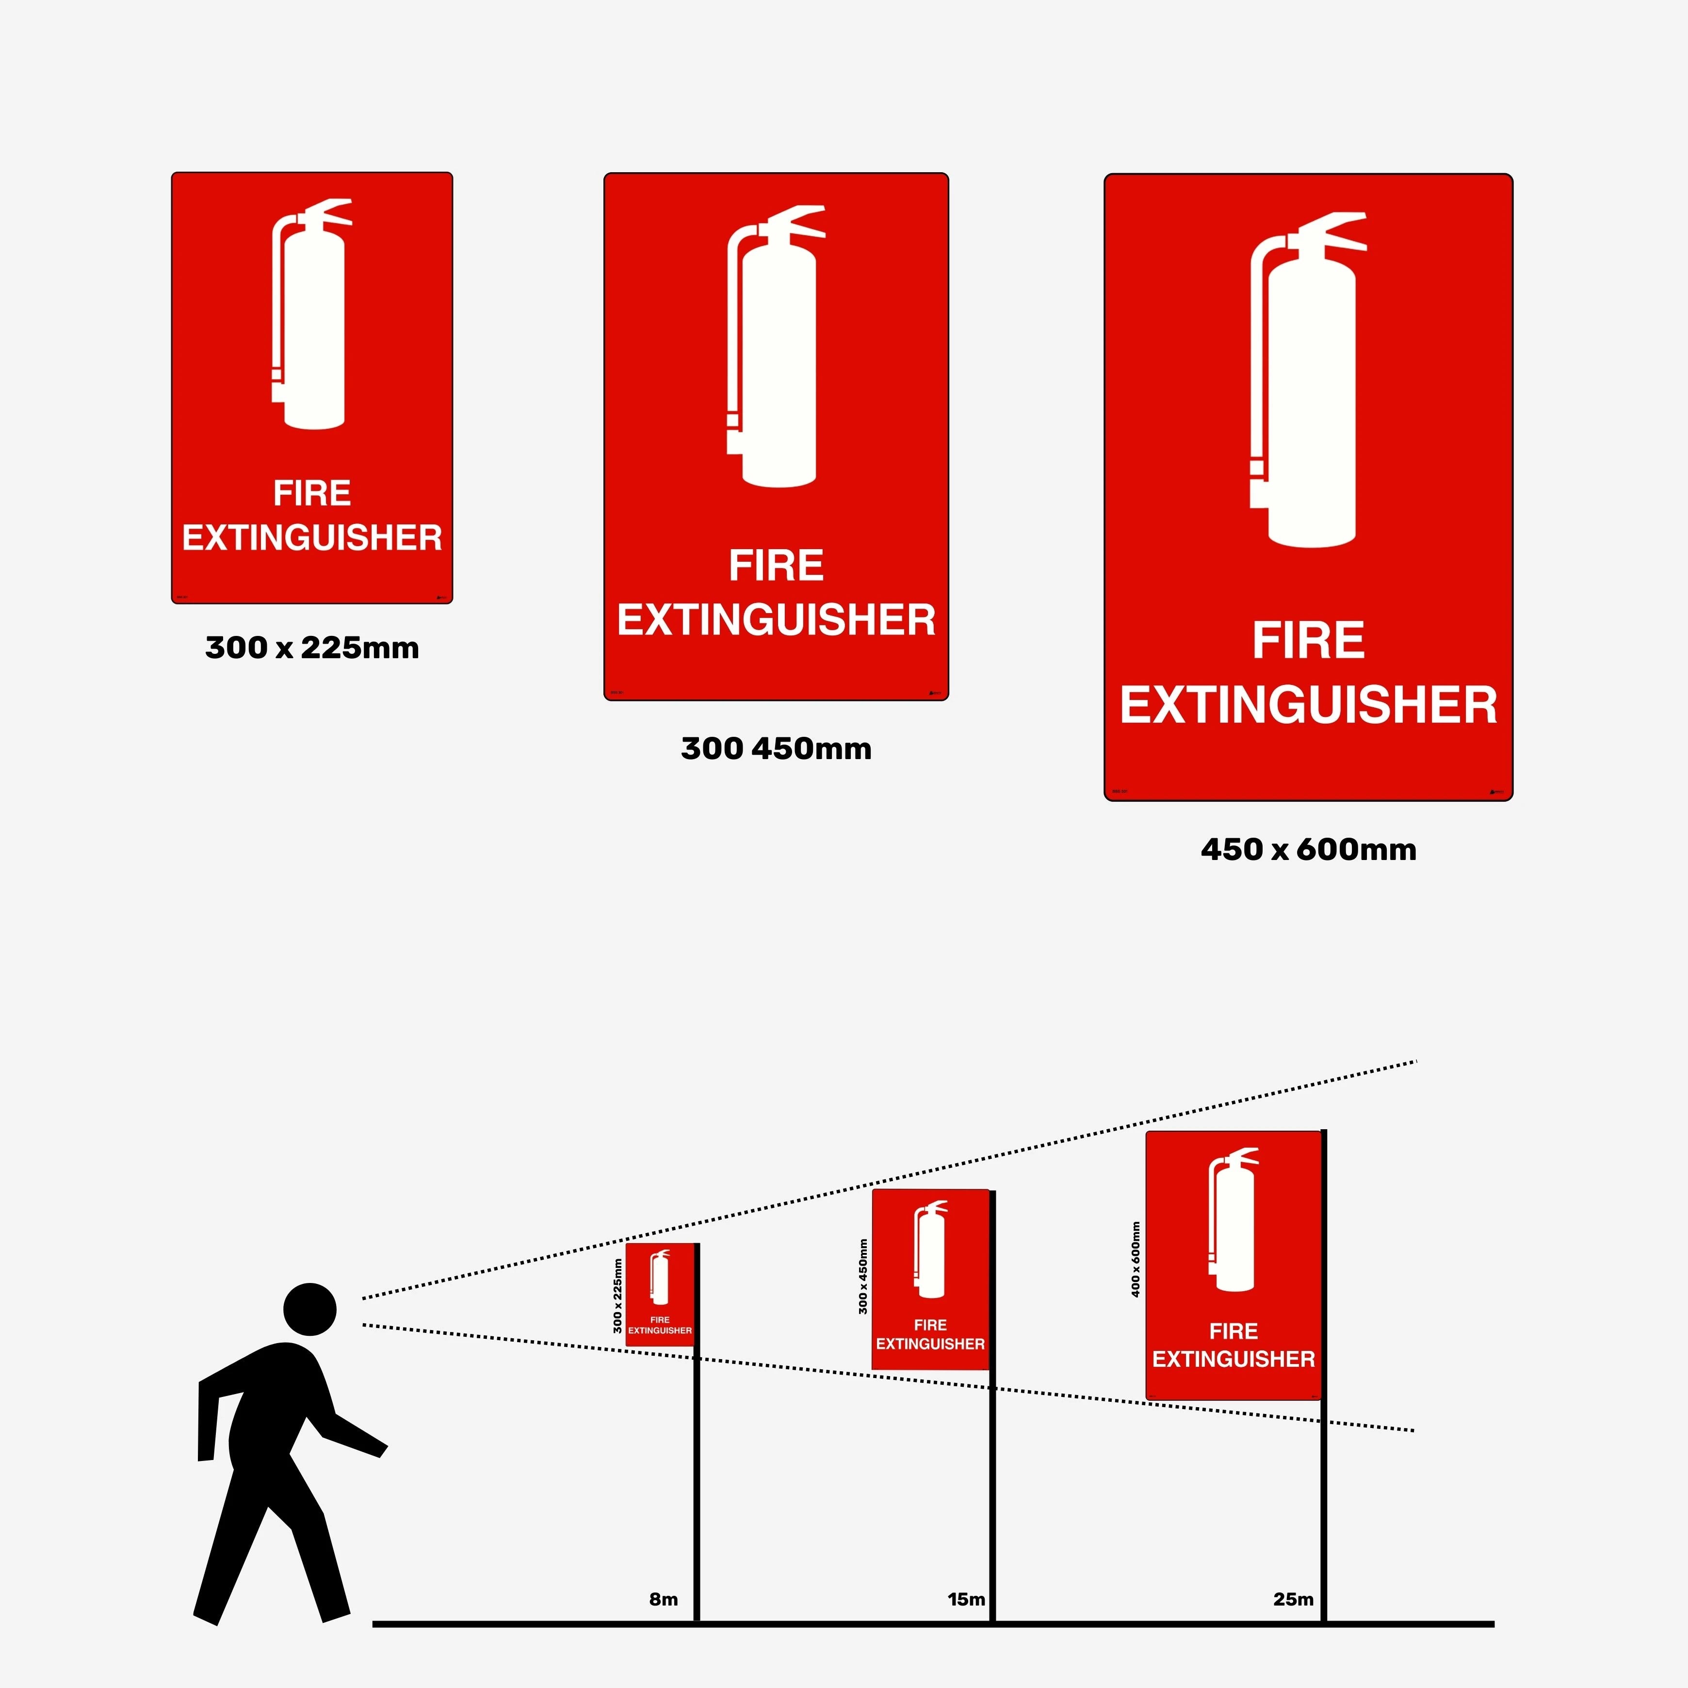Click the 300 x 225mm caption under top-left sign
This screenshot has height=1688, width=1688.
(x=312, y=649)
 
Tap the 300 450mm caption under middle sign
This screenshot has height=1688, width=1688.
(x=776, y=749)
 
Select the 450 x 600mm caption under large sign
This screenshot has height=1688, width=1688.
(x=1308, y=849)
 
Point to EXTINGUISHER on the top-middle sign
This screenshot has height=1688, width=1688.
(x=776, y=620)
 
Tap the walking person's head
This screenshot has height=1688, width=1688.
(x=310, y=1309)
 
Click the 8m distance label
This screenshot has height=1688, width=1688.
(x=663, y=1599)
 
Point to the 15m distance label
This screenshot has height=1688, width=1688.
(x=966, y=1599)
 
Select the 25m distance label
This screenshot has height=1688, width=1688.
(x=1293, y=1599)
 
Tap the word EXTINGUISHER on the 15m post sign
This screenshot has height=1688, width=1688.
(x=930, y=1344)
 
